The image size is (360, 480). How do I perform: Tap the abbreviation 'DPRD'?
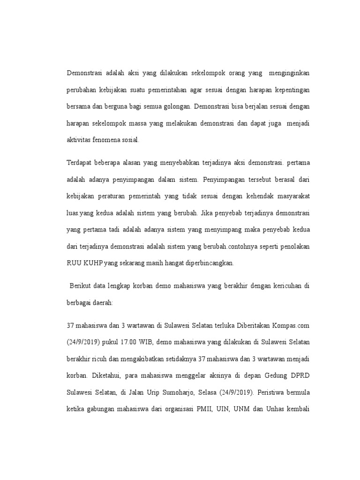[x=297, y=375]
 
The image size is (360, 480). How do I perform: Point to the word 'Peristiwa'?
[x=269, y=392]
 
